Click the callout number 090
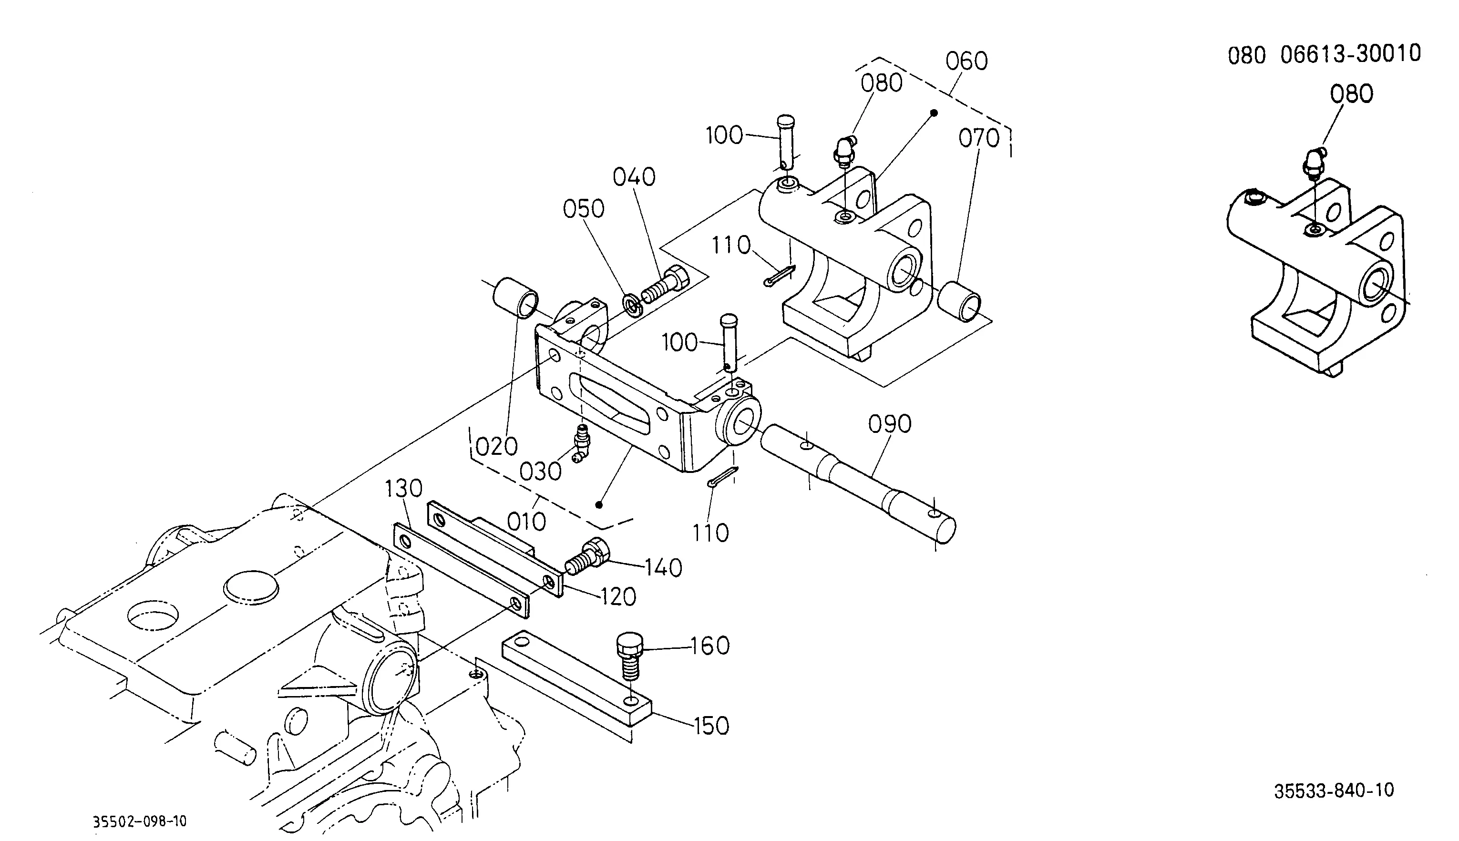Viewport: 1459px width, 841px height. click(x=890, y=424)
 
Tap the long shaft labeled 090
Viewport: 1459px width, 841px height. click(x=858, y=482)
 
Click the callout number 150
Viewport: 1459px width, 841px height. click(x=711, y=726)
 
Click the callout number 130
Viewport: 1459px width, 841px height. click(x=404, y=489)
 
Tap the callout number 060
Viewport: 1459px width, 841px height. click(x=967, y=61)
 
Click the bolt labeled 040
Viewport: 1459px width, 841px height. click(x=666, y=285)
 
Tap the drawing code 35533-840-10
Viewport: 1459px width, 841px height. click(x=1334, y=790)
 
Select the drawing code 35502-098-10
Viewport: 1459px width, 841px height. click(x=140, y=821)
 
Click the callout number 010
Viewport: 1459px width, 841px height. click(x=526, y=522)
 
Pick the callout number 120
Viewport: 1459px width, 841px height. click(x=618, y=597)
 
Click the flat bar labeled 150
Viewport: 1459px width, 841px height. click(x=576, y=680)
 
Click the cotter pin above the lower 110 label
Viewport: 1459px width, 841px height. click(x=722, y=477)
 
